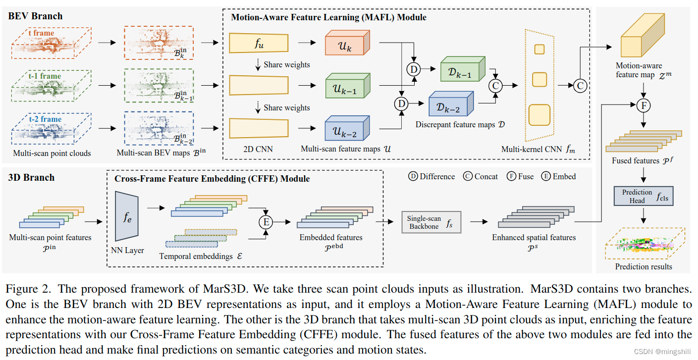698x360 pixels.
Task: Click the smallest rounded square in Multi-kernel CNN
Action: pos(539,49)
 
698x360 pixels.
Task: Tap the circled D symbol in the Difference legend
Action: pos(413,176)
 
